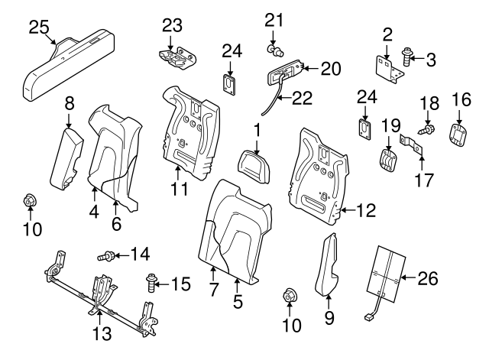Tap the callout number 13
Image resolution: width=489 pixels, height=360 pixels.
[x=102, y=333]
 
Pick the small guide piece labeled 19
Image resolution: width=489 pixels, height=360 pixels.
[x=389, y=160]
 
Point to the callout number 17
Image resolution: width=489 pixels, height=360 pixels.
[x=424, y=180]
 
